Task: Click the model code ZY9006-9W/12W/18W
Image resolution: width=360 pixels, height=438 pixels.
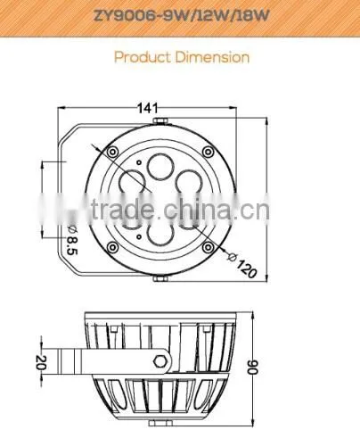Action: [x=182, y=15]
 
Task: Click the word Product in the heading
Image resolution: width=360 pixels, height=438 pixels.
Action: [x=143, y=57]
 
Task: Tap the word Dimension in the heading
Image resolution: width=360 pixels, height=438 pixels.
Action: [x=212, y=57]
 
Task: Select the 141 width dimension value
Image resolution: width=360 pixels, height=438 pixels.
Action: [x=148, y=108]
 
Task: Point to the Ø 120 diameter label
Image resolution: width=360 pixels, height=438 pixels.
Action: [x=242, y=265]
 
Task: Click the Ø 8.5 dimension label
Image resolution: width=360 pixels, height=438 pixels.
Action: [x=72, y=239]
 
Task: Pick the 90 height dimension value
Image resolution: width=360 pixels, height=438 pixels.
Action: [x=253, y=367]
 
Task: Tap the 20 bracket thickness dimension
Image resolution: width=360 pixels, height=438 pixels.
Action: [x=41, y=362]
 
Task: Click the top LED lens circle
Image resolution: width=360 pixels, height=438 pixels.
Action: [x=160, y=167]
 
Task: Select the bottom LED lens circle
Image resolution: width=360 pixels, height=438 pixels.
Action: [x=160, y=238]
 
